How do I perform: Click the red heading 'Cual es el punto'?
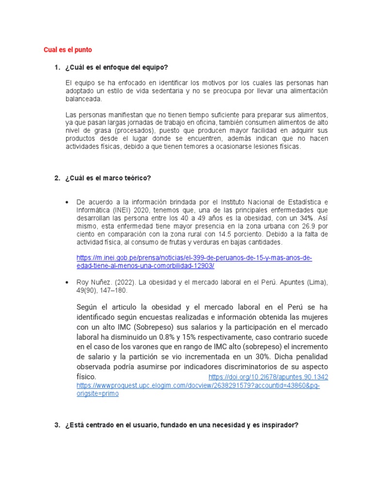click(x=67, y=50)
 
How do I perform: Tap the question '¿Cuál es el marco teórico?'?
click(x=108, y=178)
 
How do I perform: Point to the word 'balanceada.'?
click(x=84, y=99)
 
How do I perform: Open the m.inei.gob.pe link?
click(x=194, y=262)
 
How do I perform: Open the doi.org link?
click(x=268, y=377)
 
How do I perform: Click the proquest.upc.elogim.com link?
click(x=199, y=386)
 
